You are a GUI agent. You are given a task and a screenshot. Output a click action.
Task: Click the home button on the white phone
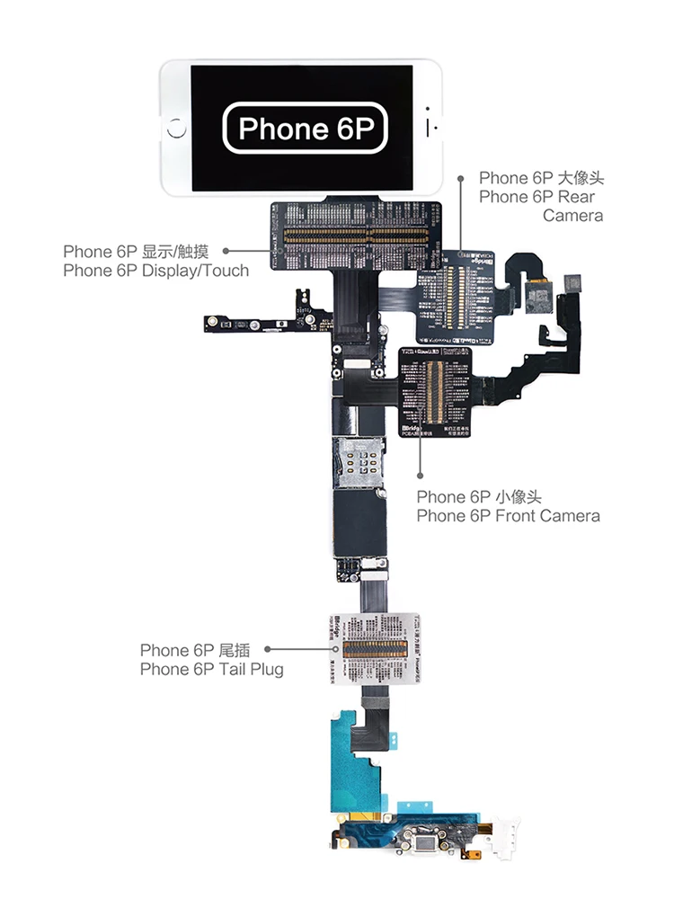coord(177,129)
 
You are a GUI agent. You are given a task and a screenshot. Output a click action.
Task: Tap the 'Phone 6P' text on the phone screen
coord(306,129)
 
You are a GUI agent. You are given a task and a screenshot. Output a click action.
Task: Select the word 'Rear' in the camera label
coord(576,197)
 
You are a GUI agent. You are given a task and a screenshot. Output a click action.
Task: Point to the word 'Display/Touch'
coord(195,270)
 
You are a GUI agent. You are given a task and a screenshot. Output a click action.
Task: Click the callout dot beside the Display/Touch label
coord(226,252)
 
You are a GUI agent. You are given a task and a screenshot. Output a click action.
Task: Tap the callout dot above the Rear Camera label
coord(462,178)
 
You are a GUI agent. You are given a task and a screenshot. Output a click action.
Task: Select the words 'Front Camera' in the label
coord(547,515)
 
